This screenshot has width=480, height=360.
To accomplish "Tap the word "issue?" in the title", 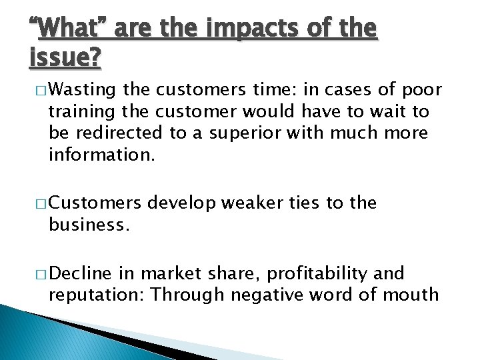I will pyautogui.click(x=65, y=59).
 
